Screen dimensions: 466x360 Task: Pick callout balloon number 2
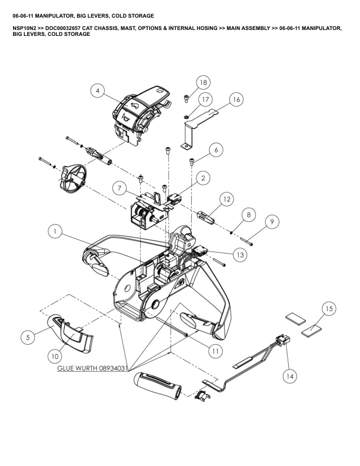[x=203, y=177]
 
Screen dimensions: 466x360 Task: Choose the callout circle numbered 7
[x=119, y=188]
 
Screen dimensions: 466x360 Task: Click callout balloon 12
[x=228, y=201]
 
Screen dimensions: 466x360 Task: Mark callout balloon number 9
[x=271, y=222]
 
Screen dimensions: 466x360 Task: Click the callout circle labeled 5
[x=27, y=337]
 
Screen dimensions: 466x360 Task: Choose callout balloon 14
[x=289, y=374]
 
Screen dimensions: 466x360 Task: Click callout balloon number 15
[x=329, y=308]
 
